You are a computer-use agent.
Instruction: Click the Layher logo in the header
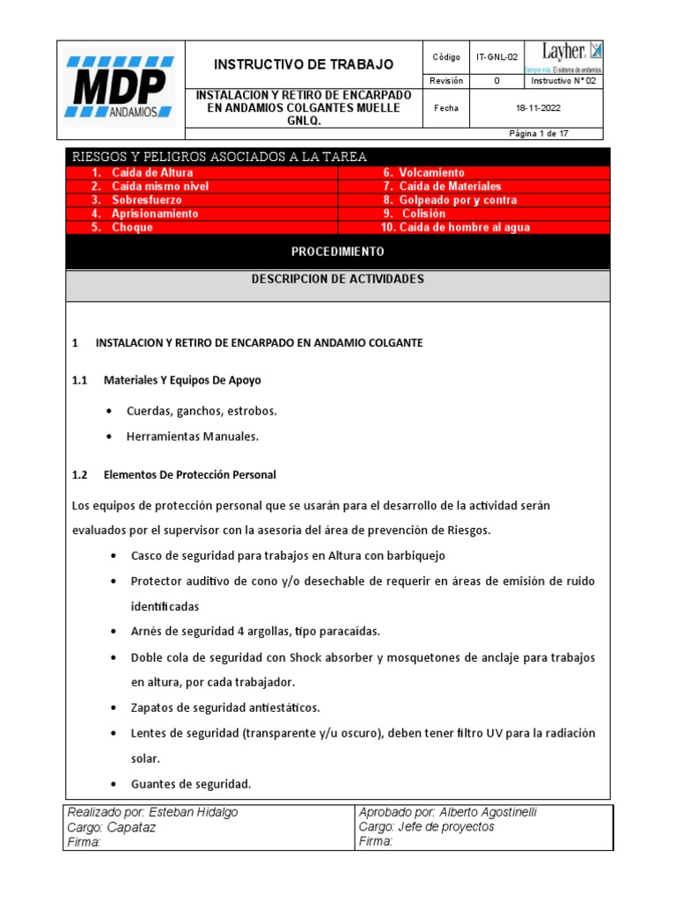(563, 56)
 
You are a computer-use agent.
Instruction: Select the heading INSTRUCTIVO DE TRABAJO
(305, 64)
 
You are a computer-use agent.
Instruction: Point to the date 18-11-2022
(537, 108)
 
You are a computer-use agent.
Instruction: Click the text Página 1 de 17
(539, 134)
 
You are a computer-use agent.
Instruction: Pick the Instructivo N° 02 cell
(563, 81)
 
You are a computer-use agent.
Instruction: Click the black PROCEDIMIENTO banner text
(337, 252)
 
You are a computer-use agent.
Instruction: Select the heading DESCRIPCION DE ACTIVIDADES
(337, 279)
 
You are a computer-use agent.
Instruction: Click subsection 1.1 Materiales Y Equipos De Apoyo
(182, 380)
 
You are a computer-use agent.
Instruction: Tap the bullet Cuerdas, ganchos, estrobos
(202, 411)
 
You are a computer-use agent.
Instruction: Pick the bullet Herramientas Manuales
(193, 436)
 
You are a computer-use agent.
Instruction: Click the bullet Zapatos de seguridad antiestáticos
(225, 707)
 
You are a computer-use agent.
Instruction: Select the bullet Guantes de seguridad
(191, 784)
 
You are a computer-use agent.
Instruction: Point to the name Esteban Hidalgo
(194, 812)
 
